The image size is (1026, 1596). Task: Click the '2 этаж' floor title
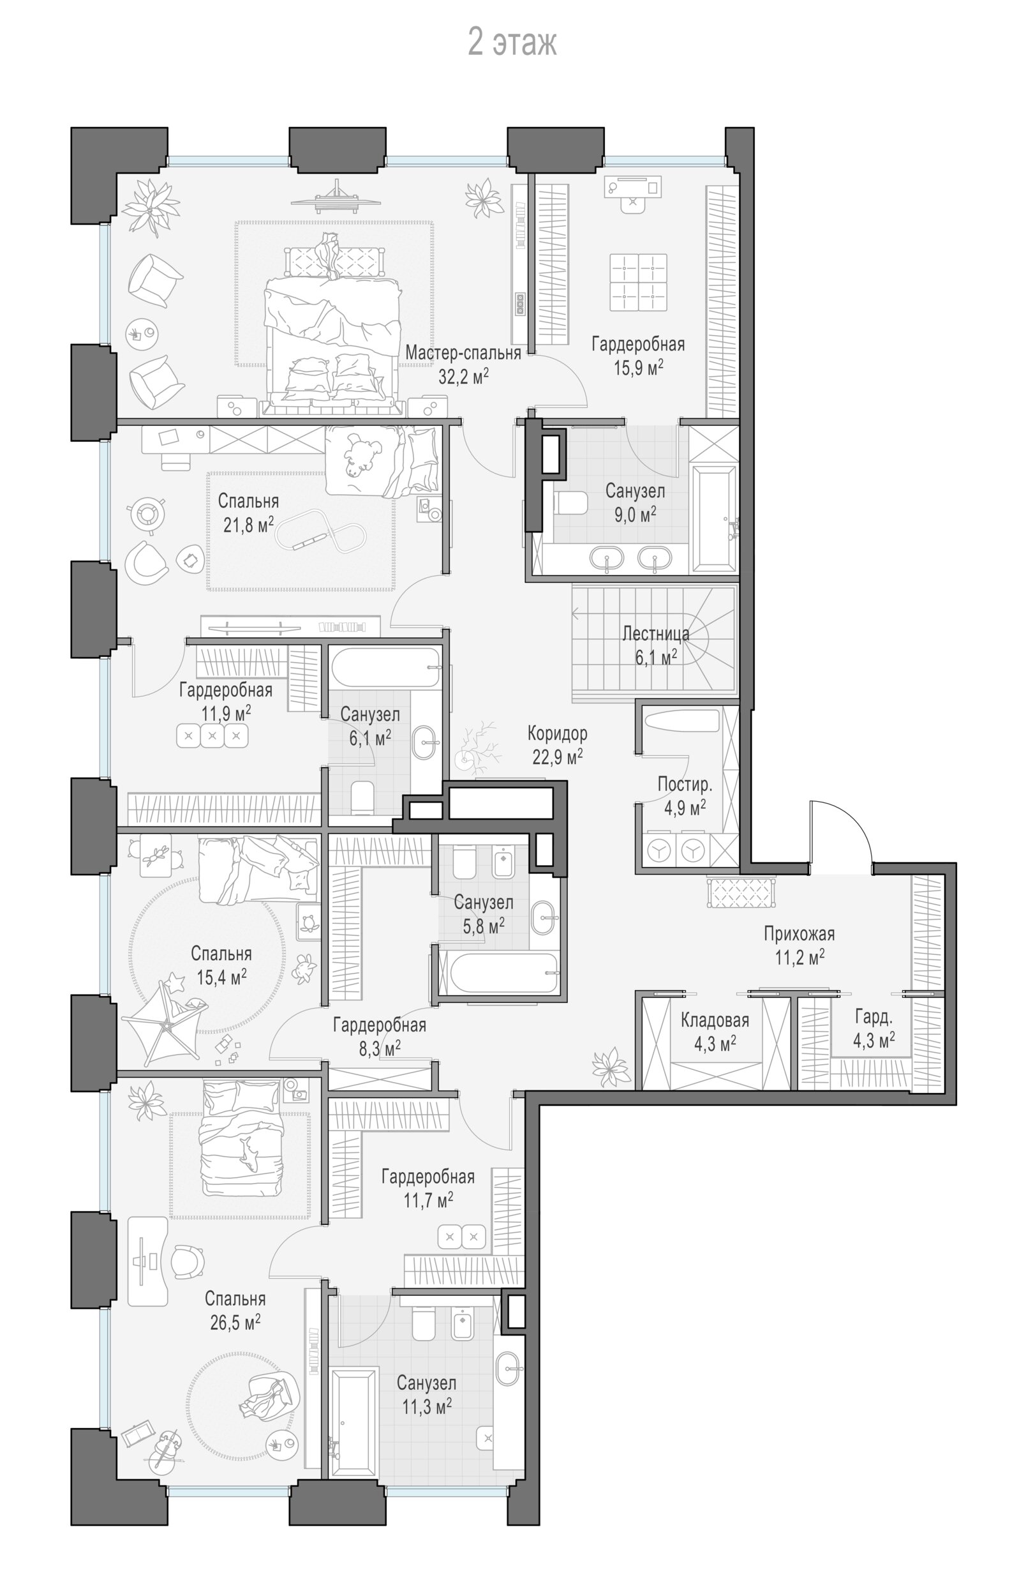512,43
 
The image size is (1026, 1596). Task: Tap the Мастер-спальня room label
463,352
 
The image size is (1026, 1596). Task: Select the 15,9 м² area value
638,367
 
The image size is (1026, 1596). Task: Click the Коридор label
557,734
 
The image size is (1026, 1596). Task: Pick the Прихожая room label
799,933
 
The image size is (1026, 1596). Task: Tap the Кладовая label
714,1020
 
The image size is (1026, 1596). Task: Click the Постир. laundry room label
685,784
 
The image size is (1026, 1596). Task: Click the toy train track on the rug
322,529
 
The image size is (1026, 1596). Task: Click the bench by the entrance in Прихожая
742,892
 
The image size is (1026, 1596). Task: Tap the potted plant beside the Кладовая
610,1064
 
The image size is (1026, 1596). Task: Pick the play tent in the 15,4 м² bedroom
162,1020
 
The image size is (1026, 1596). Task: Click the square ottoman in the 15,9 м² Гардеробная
638,282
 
